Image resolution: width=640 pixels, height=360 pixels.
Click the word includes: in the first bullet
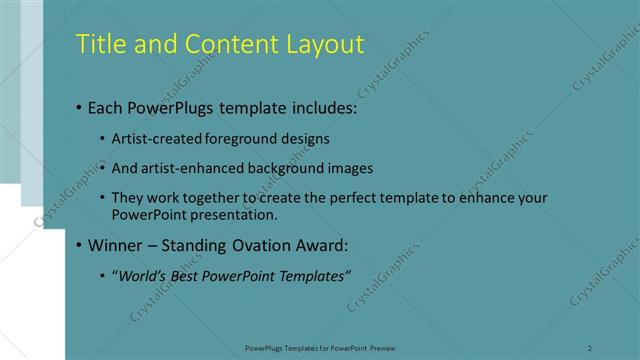click(322, 106)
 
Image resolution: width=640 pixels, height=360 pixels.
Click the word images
click(350, 168)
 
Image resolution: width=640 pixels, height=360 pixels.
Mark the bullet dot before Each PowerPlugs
click(79, 107)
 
